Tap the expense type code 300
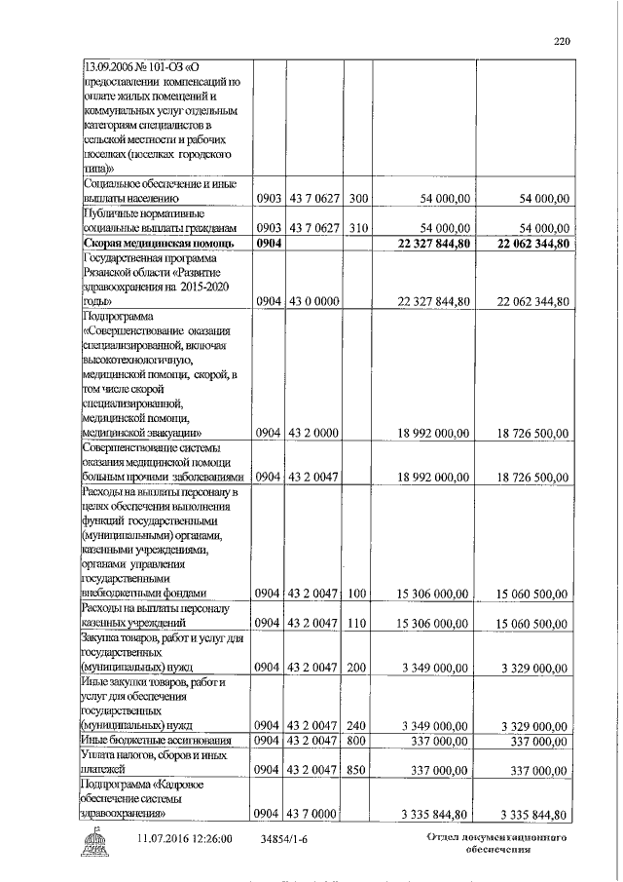(x=357, y=199)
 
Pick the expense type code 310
(x=357, y=227)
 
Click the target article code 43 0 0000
(x=314, y=302)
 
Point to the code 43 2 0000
(x=314, y=432)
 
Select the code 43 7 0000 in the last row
(x=314, y=815)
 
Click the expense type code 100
(x=357, y=593)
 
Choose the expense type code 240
(x=357, y=726)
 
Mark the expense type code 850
(x=357, y=771)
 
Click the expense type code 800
(x=357, y=741)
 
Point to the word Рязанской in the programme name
(x=111, y=272)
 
